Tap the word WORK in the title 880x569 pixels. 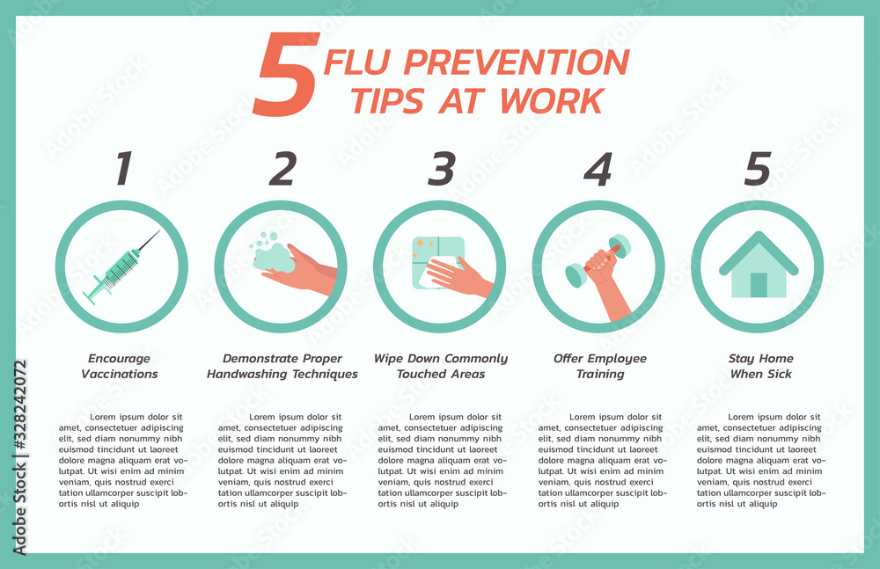click(551, 101)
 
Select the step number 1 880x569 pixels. click(123, 169)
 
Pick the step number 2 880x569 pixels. click(282, 169)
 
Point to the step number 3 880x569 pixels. click(441, 169)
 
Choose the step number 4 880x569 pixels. click(598, 169)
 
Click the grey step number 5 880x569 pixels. click(757, 169)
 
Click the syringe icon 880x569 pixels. click(123, 266)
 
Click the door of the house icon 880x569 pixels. click(758, 284)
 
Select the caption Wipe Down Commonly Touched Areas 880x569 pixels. click(441, 366)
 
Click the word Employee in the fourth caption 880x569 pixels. click(616, 359)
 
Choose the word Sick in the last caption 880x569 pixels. click(778, 374)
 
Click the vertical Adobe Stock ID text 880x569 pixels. click(19, 457)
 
